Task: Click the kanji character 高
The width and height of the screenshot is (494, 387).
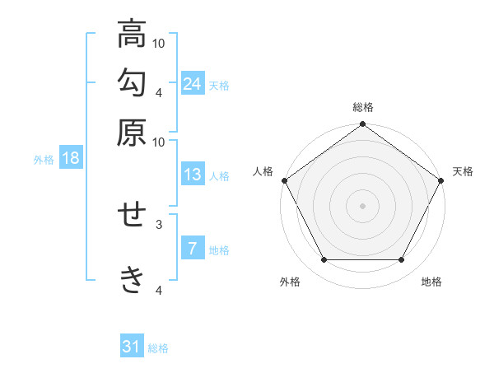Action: point(132,36)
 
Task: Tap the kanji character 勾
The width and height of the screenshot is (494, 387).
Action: point(132,84)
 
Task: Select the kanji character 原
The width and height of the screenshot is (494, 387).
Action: point(132,131)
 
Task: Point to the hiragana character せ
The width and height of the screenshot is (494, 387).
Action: point(132,215)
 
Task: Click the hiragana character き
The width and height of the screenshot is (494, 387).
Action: point(132,279)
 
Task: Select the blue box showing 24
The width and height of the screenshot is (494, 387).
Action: point(193,83)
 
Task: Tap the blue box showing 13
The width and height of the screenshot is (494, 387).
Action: point(193,175)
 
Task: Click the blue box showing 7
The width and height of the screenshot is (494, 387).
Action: point(193,248)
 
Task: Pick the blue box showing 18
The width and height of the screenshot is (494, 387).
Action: point(71,158)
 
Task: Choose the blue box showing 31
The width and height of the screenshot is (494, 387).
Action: point(132,347)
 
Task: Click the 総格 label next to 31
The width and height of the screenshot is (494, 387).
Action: point(158,348)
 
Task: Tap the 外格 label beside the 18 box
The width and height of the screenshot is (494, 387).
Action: point(44,160)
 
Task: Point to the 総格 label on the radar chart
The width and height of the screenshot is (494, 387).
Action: point(362,108)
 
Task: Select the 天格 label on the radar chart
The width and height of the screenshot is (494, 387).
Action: point(463,171)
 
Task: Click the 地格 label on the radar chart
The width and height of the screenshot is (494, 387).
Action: point(431,282)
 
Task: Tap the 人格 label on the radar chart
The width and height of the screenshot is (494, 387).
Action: point(263,171)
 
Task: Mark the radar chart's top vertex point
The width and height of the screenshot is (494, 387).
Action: point(362,124)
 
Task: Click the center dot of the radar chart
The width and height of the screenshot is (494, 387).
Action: point(362,206)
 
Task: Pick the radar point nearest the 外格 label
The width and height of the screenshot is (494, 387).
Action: point(324,260)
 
